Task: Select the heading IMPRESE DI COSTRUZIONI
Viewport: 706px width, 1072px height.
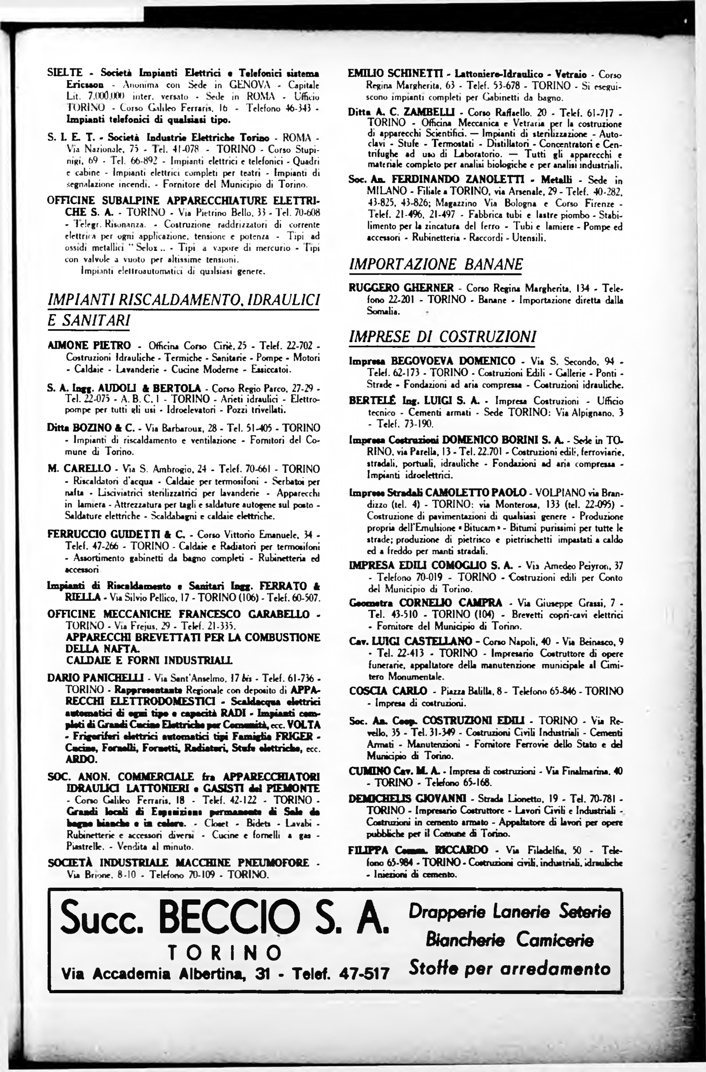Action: pyautogui.click(x=443, y=337)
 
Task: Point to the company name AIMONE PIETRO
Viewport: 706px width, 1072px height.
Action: pyautogui.click(x=89, y=345)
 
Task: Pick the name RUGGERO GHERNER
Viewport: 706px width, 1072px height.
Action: pyautogui.click(x=401, y=287)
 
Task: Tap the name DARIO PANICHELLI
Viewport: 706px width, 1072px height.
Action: pyautogui.click(x=95, y=678)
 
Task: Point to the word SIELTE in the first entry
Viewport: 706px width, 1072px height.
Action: pyautogui.click(x=65, y=72)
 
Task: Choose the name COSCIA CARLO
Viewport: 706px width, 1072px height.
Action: pyautogui.click(x=387, y=691)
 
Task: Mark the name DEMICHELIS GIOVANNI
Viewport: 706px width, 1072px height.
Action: pyautogui.click(x=407, y=799)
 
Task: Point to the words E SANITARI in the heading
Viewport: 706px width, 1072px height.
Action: pyautogui.click(x=89, y=321)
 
